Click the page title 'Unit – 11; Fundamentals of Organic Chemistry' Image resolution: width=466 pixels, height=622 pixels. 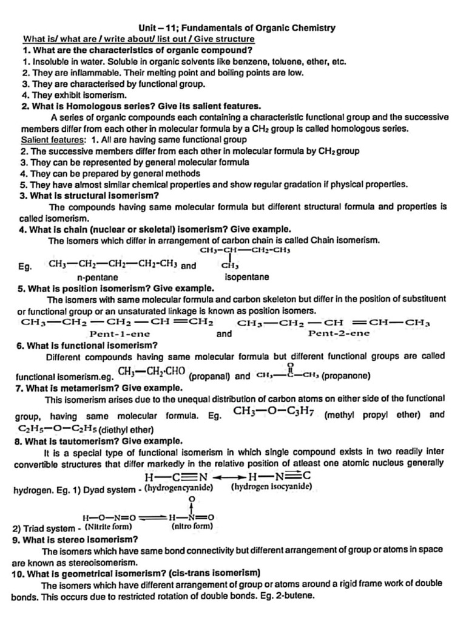click(x=237, y=28)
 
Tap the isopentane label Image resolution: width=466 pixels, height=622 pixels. click(x=247, y=277)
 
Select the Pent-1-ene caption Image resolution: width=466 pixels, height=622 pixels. click(x=120, y=333)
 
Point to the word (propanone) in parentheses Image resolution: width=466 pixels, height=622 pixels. click(x=346, y=376)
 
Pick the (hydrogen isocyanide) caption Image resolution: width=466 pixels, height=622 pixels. click(x=268, y=487)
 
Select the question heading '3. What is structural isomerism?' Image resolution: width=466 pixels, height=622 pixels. click(x=89, y=195)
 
